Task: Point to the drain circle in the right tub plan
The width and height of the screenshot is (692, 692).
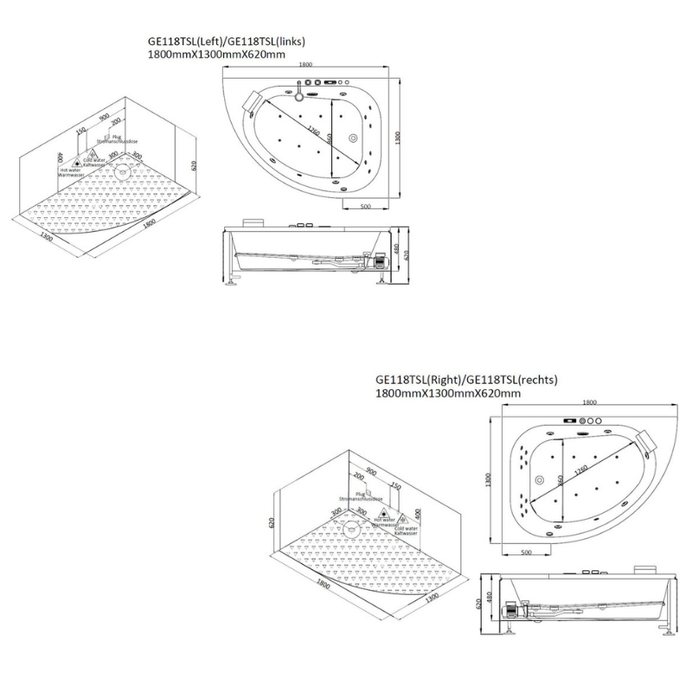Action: point(540,482)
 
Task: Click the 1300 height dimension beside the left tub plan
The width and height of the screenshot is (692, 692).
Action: point(399,138)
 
